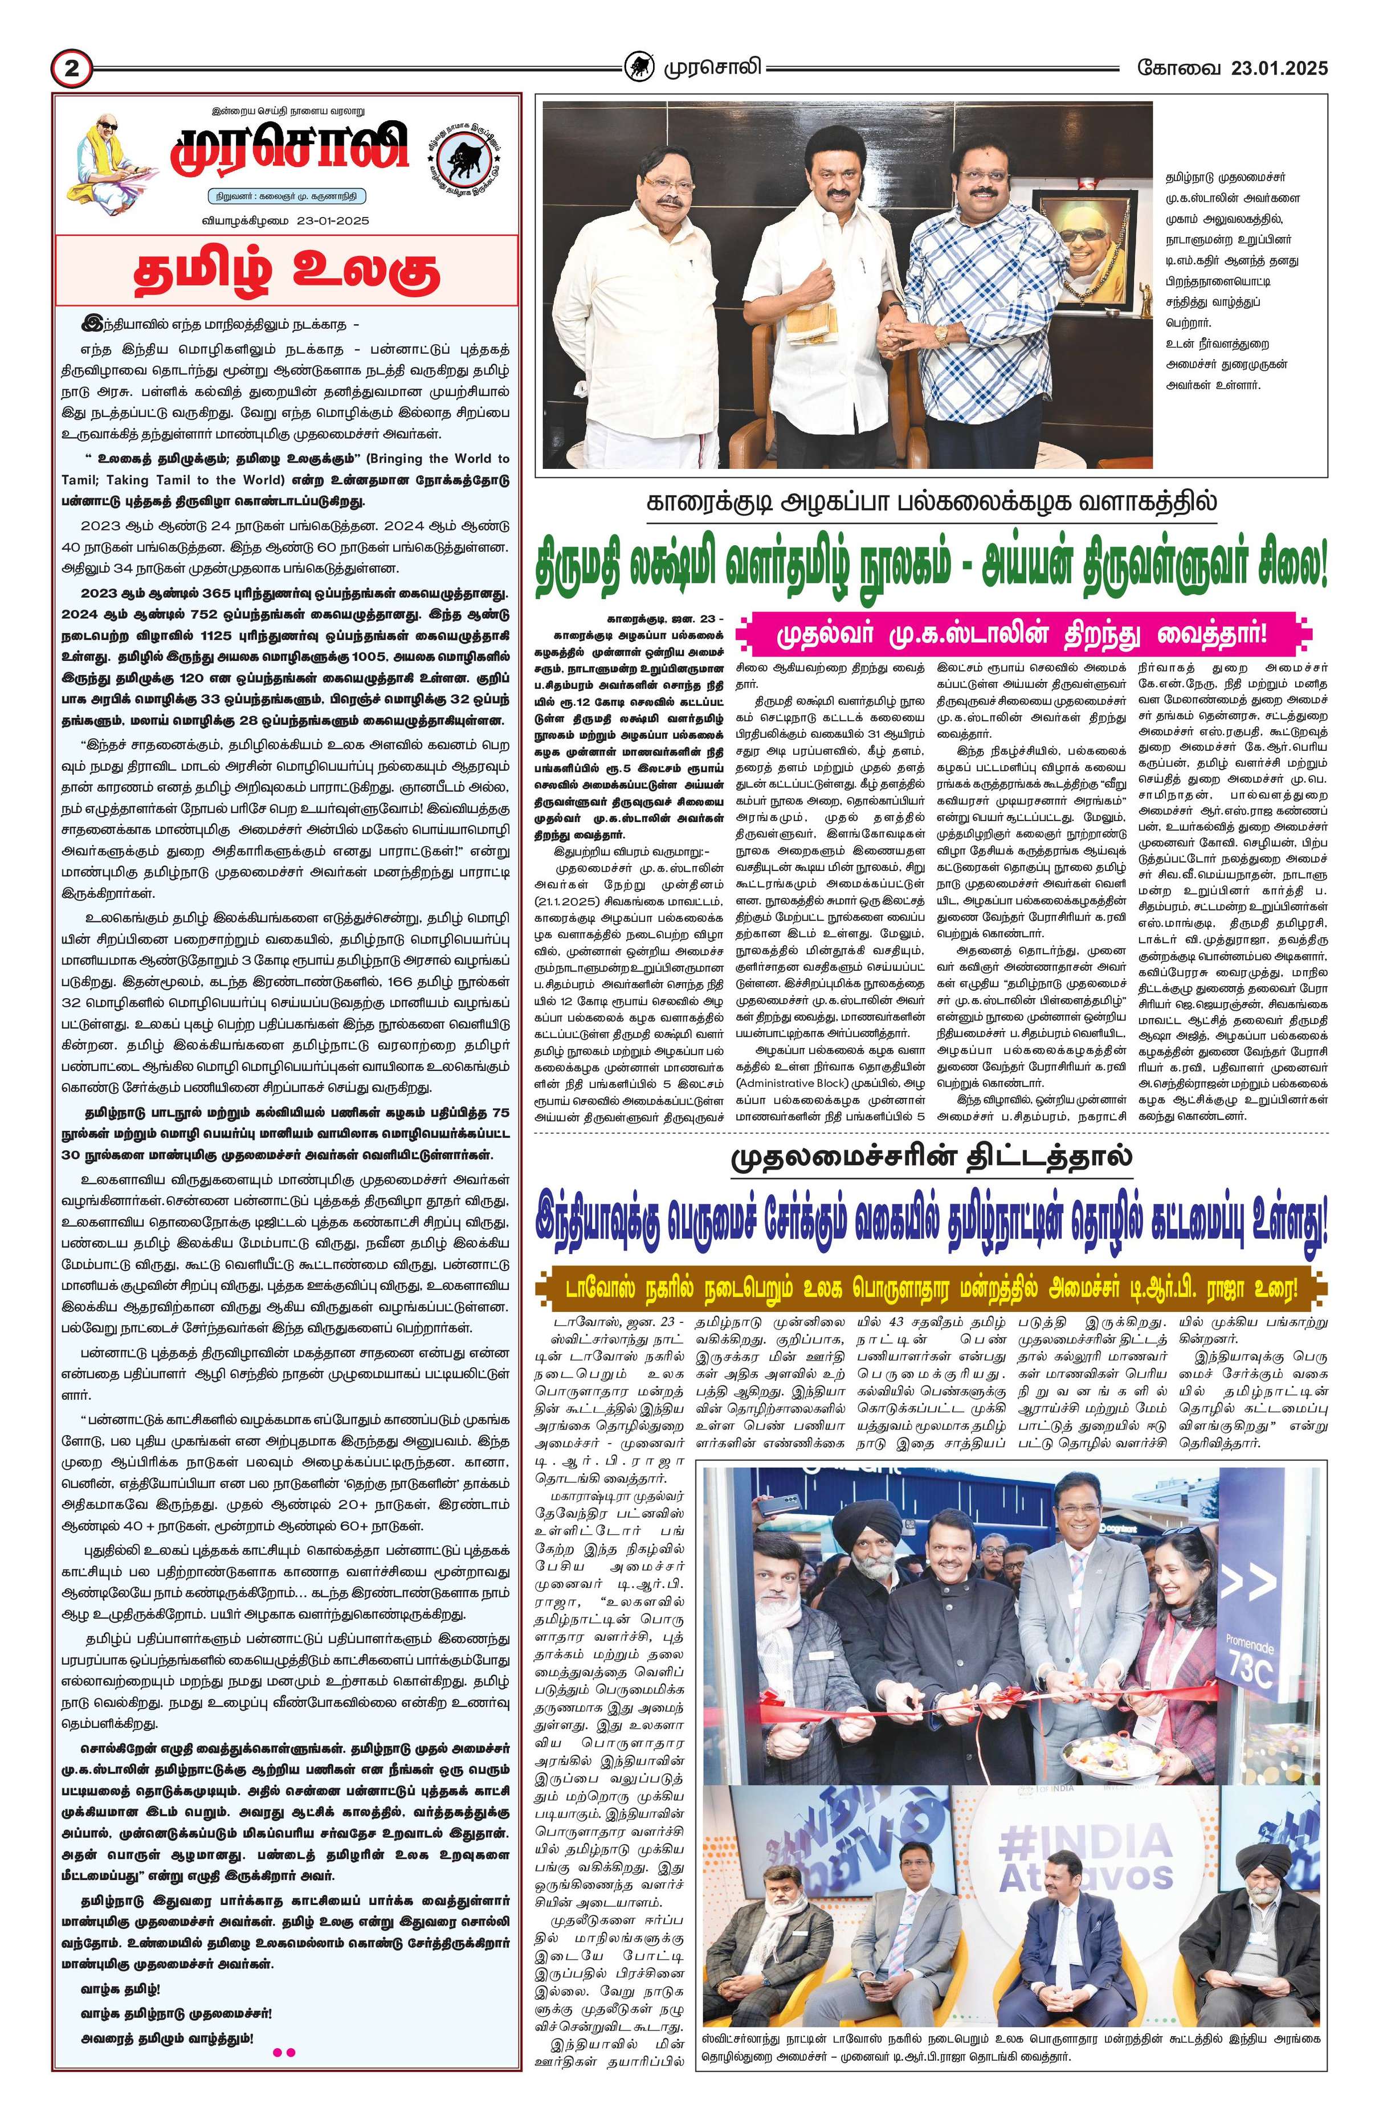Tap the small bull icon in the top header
coord(637,67)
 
